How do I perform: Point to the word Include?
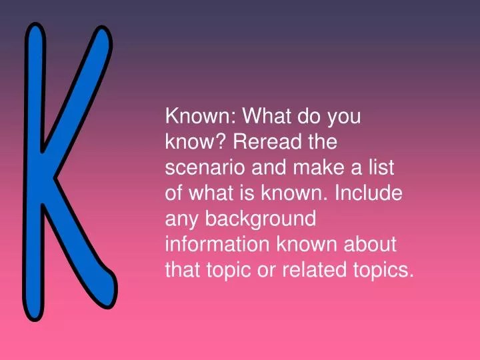click(x=368, y=194)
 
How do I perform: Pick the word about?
click(x=371, y=245)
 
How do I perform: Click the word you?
click(x=344, y=117)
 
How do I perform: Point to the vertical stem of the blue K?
click(x=35, y=173)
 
